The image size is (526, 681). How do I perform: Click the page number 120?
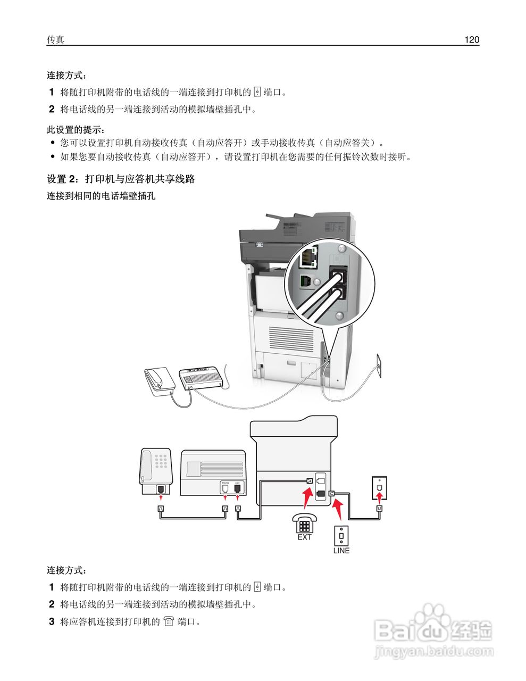(471, 40)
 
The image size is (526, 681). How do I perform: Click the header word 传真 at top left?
(55, 40)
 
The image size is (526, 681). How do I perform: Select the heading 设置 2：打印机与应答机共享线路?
(121, 179)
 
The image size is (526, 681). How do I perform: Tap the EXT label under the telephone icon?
(305, 537)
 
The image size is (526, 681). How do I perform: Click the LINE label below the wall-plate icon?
(341, 551)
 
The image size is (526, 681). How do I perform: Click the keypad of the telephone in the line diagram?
(160, 460)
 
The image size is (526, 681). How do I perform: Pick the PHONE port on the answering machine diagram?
(225, 487)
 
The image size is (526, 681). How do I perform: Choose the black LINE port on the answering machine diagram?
(237, 487)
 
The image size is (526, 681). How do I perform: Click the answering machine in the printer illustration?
(201, 377)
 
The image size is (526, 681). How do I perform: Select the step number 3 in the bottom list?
(52, 621)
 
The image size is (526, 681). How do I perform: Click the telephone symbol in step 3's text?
(169, 621)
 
